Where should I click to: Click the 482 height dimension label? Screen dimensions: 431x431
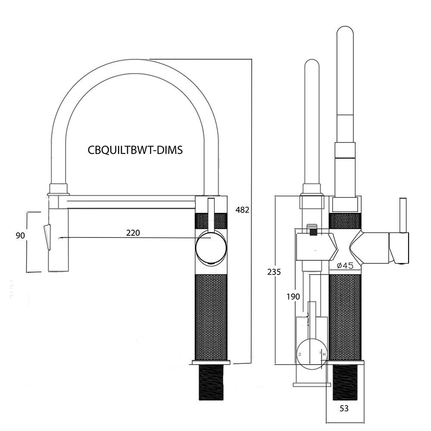242,210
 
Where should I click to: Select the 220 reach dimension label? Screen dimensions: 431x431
133,233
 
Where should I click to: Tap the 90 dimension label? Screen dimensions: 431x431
20,236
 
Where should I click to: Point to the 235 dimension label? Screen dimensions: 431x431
274,272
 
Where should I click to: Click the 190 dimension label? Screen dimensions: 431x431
293,297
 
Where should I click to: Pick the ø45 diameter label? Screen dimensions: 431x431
345,265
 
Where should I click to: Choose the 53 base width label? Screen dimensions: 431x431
344,409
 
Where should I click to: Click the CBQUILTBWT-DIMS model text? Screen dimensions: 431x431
135,150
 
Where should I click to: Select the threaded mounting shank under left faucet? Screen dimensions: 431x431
211,383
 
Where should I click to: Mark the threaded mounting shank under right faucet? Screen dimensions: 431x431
345,382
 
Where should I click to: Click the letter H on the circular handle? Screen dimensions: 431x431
325,354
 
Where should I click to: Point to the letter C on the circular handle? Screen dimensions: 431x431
300,354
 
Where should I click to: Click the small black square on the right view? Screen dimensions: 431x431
313,232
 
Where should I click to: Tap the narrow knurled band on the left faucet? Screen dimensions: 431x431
211,220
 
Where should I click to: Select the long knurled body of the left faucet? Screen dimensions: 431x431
211,317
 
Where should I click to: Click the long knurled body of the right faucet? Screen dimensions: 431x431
345,317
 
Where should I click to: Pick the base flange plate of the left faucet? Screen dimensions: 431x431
211,362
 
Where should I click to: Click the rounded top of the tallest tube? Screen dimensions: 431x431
345,30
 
